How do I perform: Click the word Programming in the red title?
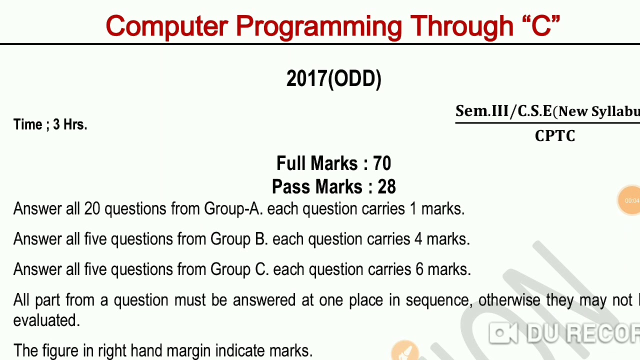point(318,26)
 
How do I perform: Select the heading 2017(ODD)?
point(333,79)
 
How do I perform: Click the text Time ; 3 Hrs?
point(50,124)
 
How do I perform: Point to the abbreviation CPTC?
point(555,136)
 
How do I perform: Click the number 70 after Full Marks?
point(382,163)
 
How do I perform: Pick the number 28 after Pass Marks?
point(386,187)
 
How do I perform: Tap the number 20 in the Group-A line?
point(92,208)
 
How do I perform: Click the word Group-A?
point(232,208)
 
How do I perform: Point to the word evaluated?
point(46,320)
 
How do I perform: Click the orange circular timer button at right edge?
point(630,200)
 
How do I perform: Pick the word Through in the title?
point(462,26)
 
